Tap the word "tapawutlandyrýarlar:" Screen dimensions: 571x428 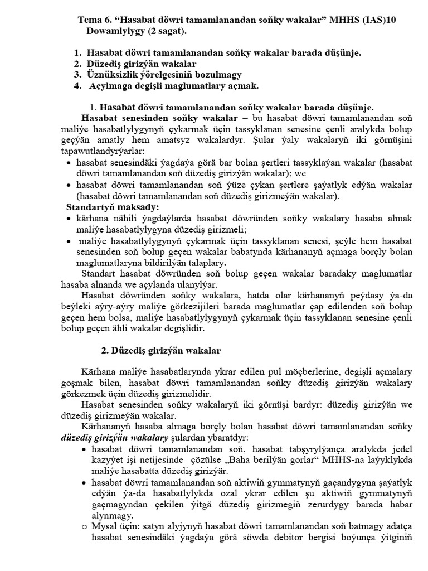103,151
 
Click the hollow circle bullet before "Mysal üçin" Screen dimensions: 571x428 84,526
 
